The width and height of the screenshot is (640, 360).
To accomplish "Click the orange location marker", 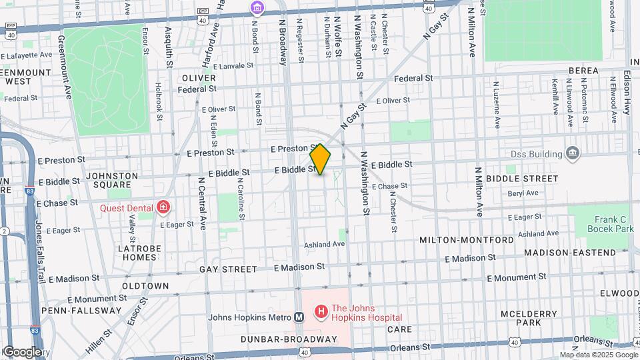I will (x=320, y=159).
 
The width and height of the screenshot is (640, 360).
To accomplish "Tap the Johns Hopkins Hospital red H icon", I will (x=321, y=311).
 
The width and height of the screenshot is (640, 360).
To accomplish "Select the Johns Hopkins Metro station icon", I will (x=299, y=317).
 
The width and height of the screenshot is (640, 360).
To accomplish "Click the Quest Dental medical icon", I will (x=161, y=207).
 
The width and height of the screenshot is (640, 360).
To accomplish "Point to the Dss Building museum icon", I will (x=572, y=153).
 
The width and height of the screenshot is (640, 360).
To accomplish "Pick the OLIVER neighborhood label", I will (x=198, y=78).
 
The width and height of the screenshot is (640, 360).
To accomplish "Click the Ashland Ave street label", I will (x=325, y=245).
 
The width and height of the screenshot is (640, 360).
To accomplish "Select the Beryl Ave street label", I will (x=523, y=193).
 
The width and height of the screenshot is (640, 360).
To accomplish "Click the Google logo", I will (x=22, y=352).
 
